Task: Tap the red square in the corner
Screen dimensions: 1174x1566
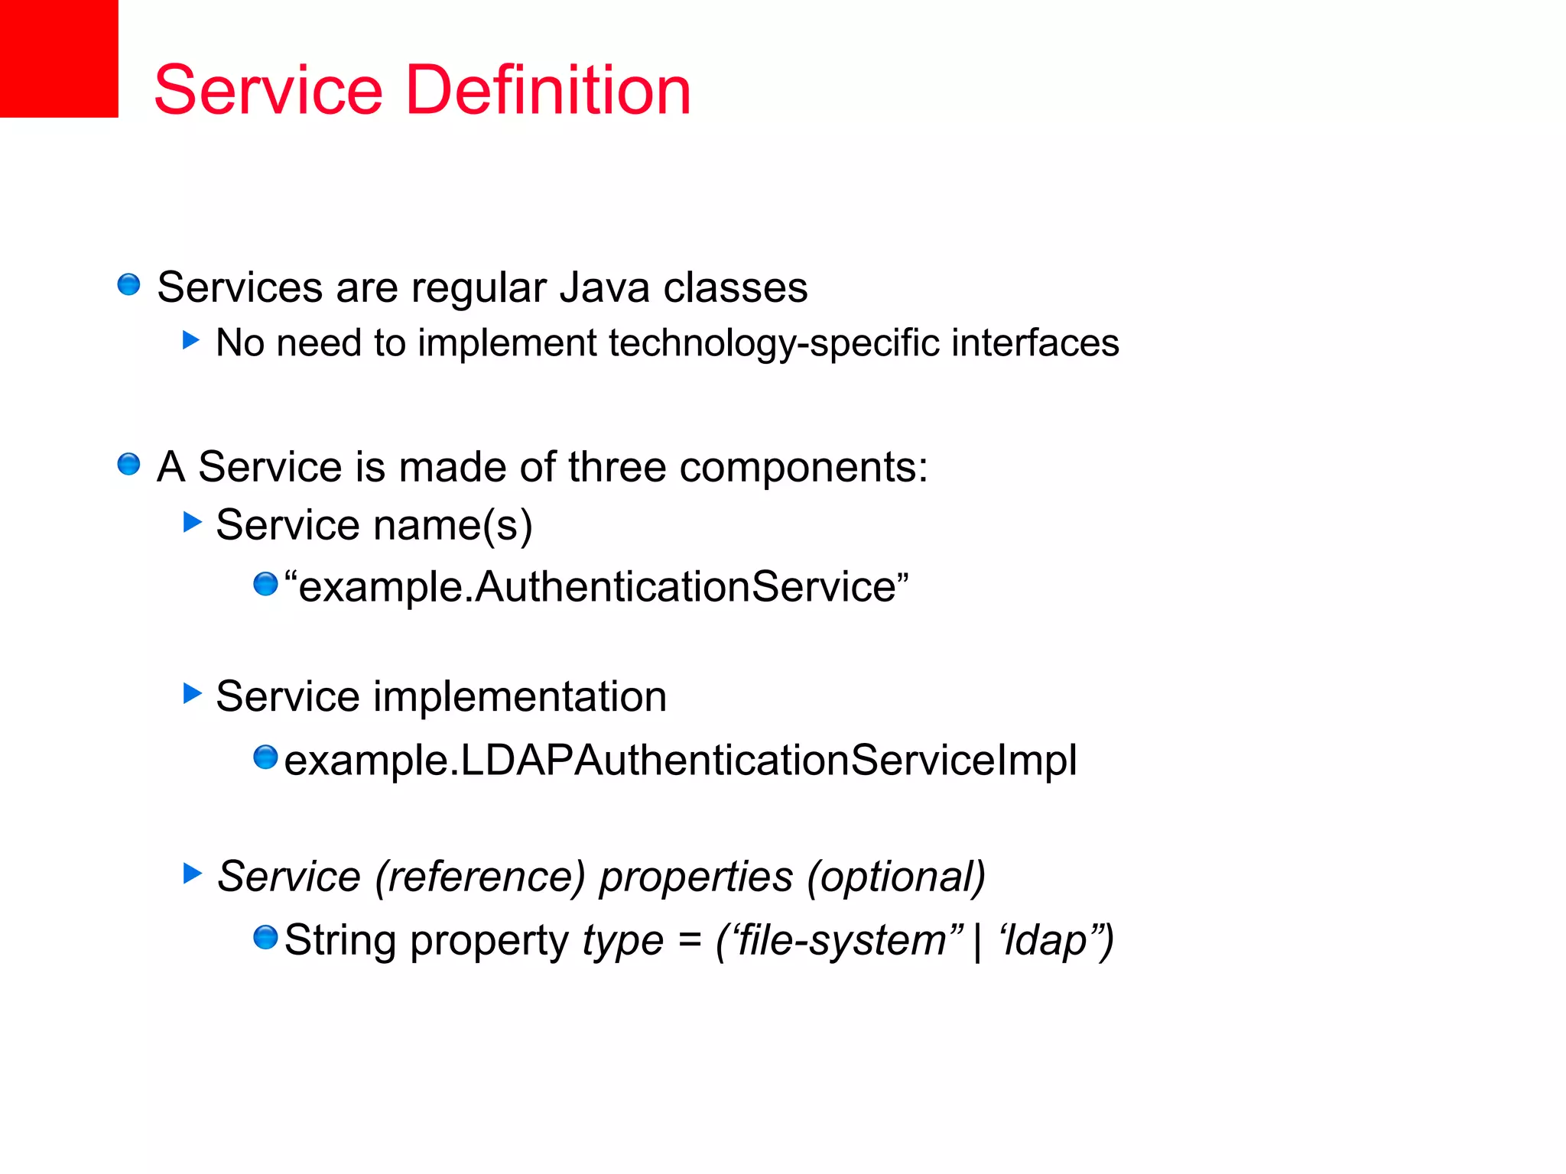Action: (59, 58)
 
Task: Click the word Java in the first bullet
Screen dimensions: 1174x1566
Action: (604, 288)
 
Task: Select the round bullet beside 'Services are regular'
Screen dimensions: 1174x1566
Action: (128, 285)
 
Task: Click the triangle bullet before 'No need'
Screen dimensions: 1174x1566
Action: (191, 339)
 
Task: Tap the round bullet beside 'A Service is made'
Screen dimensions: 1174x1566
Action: (128, 464)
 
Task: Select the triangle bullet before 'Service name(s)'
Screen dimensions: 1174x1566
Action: (192, 522)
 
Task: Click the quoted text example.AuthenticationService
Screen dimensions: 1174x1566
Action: (596, 587)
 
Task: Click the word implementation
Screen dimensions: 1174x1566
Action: (519, 697)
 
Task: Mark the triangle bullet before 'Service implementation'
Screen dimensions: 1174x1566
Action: (192, 694)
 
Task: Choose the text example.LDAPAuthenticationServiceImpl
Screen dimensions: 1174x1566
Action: (681, 761)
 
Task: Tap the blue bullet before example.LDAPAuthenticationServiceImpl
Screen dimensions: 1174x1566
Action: (265, 757)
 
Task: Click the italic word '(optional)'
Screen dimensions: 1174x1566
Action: (897, 877)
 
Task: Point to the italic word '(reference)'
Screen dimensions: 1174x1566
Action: (480, 877)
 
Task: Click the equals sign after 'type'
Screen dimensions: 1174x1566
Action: (690, 940)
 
